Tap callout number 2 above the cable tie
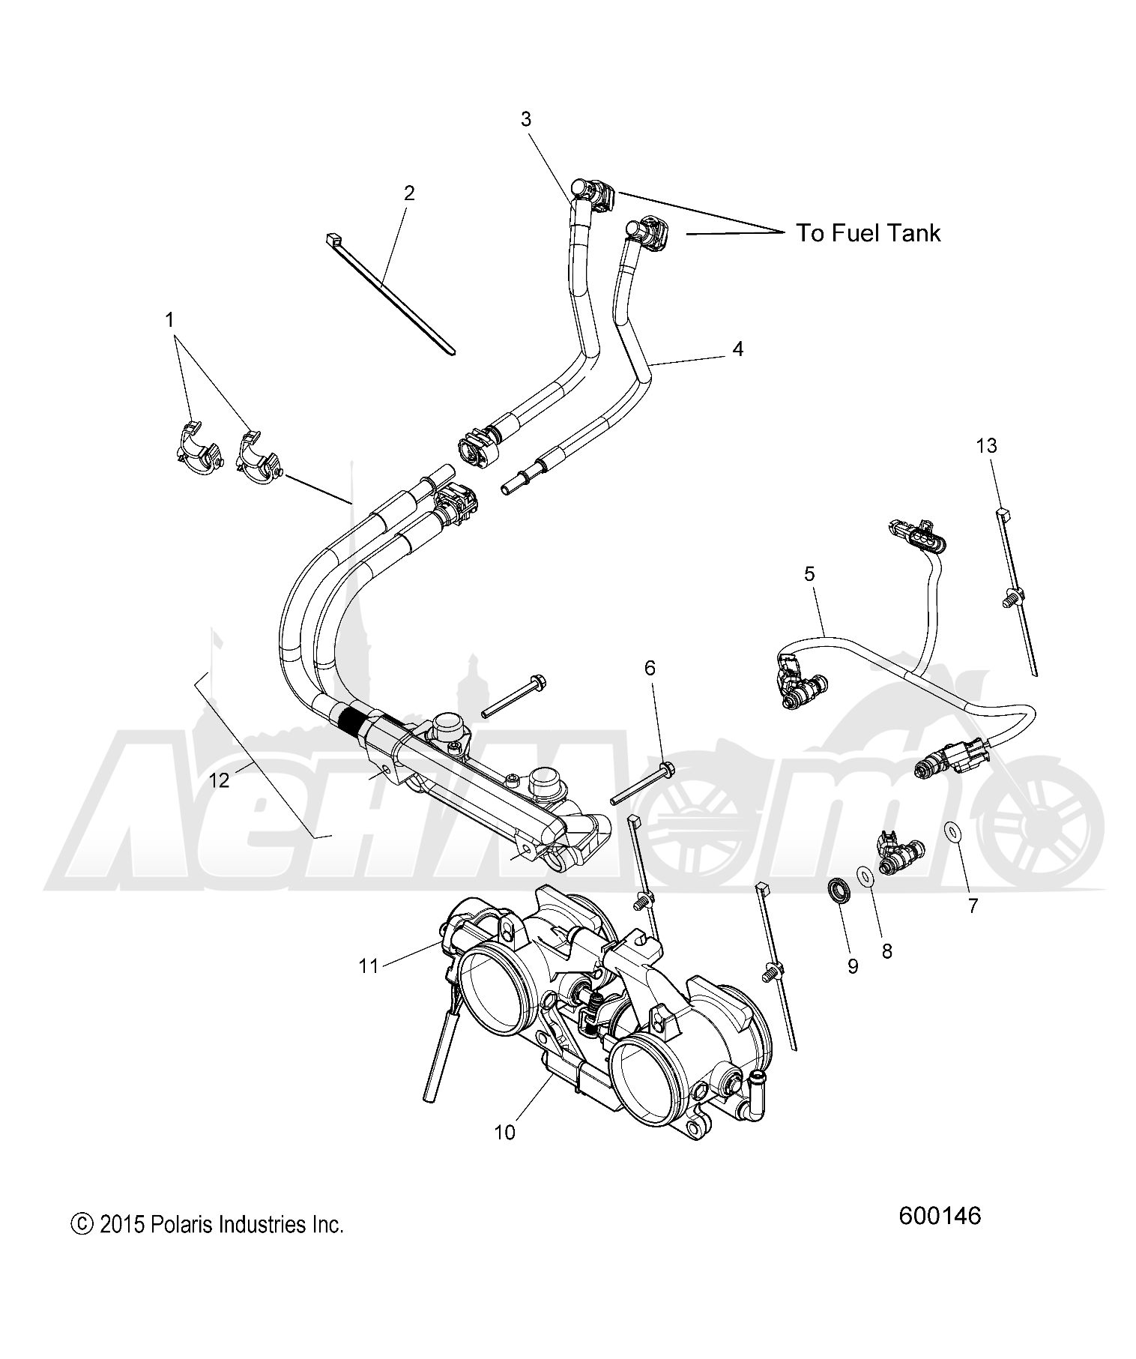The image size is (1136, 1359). point(408,193)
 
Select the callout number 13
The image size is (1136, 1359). point(986,446)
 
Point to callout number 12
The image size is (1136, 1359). point(219,780)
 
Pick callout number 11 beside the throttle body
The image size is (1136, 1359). point(369,966)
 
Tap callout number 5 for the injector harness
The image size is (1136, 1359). point(809,574)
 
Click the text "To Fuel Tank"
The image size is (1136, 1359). point(868,233)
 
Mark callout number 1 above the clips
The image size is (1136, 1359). point(169,320)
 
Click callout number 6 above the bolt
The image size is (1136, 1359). point(650,667)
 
